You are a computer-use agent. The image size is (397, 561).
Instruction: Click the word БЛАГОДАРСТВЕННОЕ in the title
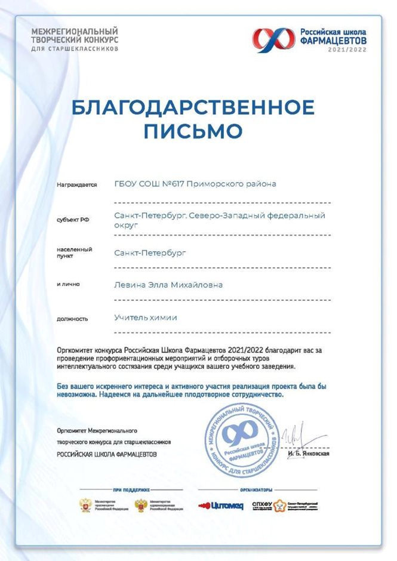pyautogui.click(x=193, y=107)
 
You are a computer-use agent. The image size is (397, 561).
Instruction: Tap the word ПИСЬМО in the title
pyautogui.click(x=193, y=130)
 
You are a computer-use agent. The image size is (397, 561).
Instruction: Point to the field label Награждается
pyautogui.click(x=76, y=185)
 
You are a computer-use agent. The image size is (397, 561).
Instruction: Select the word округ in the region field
pyautogui.click(x=126, y=226)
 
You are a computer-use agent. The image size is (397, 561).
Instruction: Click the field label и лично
pyautogui.click(x=69, y=285)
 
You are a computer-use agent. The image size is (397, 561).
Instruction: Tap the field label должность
pyautogui.click(x=72, y=319)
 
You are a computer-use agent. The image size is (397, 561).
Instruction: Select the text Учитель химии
pyautogui.click(x=146, y=318)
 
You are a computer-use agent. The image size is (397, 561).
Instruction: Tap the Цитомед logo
pyautogui.click(x=221, y=505)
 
